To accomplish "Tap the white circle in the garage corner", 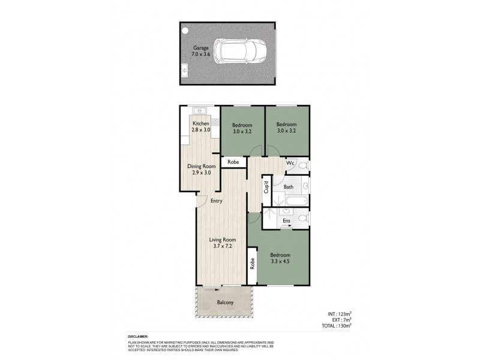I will (186, 30).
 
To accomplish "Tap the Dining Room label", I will (201, 169).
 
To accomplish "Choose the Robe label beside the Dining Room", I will (233, 162).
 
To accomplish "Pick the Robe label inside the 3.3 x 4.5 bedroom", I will (253, 262).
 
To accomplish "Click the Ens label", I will (287, 221).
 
